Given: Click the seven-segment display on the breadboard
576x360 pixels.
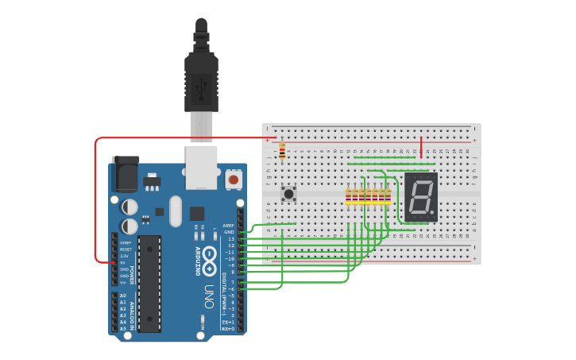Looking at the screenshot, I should [x=420, y=196].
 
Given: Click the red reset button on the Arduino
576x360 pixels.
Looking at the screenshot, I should [x=233, y=180].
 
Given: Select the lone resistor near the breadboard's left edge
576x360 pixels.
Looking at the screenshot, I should [x=282, y=150].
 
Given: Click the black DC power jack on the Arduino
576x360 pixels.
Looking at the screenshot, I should [x=125, y=172].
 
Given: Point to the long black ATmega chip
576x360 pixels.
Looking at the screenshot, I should [x=149, y=283].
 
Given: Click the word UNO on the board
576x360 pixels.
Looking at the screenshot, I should [x=209, y=296].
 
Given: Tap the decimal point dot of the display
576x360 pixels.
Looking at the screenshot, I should [x=434, y=214].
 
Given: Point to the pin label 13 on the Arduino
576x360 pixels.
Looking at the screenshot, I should [x=231, y=238].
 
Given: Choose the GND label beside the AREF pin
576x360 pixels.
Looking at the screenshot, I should [x=230, y=232].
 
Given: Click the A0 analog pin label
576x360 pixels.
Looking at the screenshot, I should [x=123, y=296].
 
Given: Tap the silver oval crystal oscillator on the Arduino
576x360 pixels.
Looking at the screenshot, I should [x=175, y=211].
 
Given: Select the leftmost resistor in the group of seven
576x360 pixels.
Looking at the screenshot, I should [x=349, y=195].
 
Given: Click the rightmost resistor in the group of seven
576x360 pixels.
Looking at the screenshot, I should [x=388, y=195].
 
